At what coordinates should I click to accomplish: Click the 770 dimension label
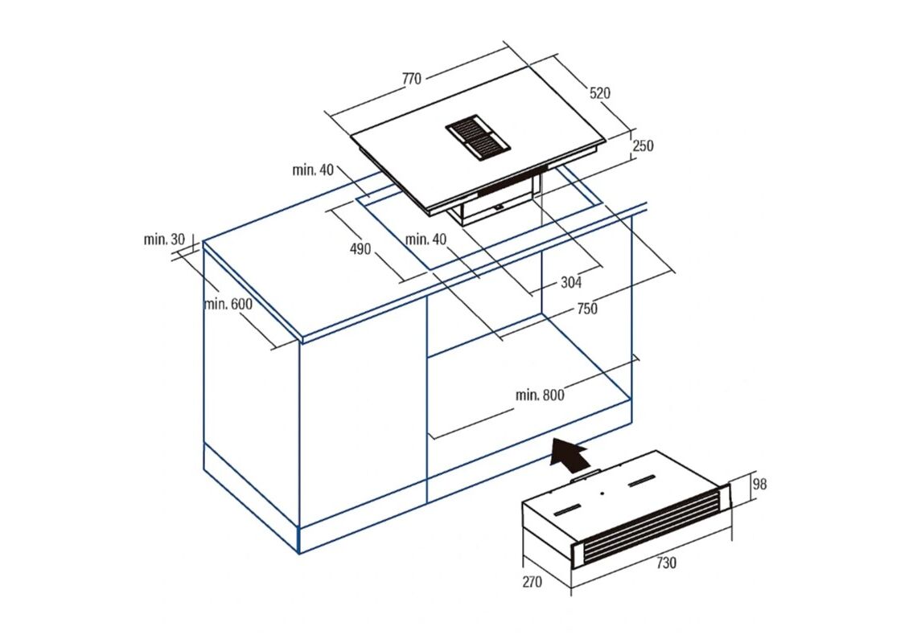(412, 78)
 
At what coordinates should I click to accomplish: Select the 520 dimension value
(599, 93)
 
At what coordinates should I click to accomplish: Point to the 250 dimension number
(643, 145)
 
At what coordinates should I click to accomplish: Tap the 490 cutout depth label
(360, 249)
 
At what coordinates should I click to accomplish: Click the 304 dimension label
(571, 282)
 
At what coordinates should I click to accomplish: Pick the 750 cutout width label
(586, 308)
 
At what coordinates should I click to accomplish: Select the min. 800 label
(540, 395)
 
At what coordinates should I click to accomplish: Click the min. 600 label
(228, 304)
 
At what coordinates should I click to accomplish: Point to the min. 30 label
(164, 239)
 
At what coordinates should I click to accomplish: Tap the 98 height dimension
(759, 484)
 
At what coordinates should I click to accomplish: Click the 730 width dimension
(666, 563)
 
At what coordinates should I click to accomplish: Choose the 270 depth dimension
(532, 582)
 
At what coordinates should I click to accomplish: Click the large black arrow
(568, 453)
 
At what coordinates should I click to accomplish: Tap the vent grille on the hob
(477, 138)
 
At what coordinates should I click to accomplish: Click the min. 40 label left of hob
(313, 170)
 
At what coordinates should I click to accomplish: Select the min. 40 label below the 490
(426, 239)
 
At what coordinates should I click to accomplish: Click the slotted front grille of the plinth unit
(650, 526)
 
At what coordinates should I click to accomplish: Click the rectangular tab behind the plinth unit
(584, 475)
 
